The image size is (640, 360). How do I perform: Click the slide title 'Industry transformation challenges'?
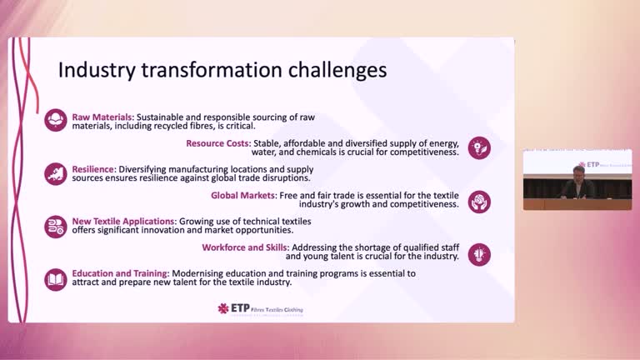[222, 70]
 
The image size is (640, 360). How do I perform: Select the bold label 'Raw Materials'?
[102, 117]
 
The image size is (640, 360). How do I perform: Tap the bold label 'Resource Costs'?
[217, 142]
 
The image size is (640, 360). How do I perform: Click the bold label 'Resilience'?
[92, 169]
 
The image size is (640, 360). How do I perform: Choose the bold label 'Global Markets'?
[242, 195]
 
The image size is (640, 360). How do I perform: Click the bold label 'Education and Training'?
[120, 272]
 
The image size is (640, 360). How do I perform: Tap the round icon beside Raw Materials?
[56, 121]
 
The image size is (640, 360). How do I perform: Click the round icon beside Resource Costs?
[479, 147]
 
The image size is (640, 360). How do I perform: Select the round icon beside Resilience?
[56, 173]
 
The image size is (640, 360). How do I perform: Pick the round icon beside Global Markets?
[479, 201]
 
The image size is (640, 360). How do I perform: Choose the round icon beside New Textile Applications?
[56, 226]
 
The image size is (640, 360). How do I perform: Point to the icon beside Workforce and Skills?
[479, 253]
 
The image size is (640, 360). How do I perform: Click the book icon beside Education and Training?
[56, 278]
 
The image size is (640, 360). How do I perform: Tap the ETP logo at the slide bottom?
[260, 308]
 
